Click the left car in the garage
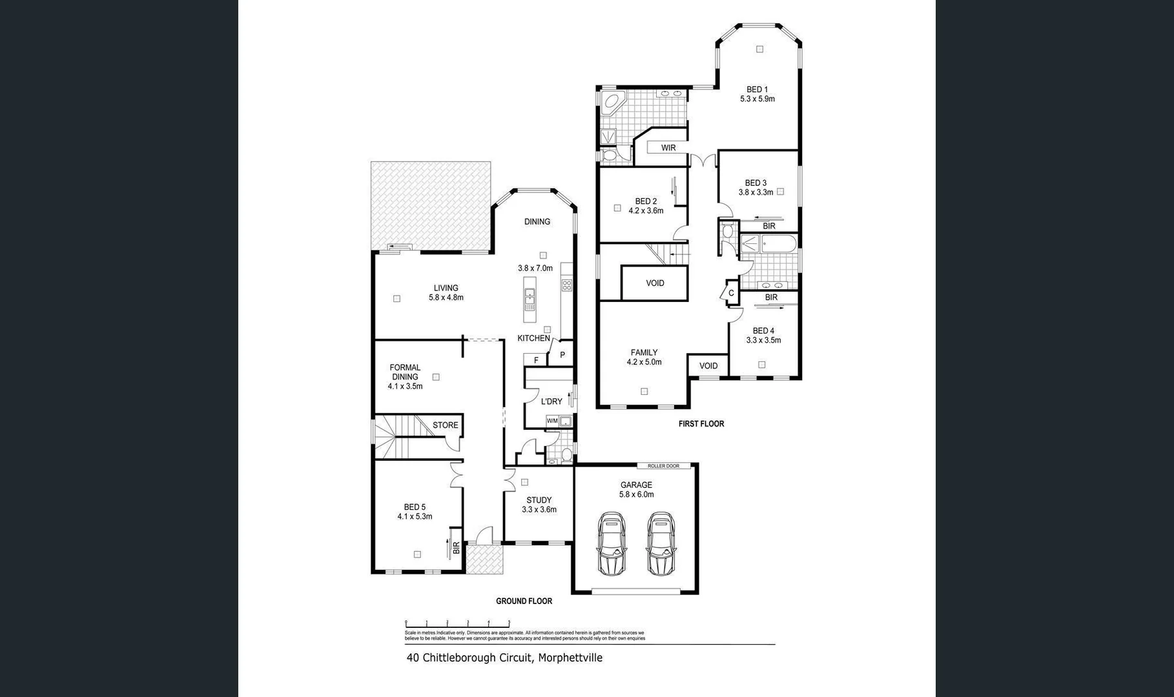(x=612, y=543)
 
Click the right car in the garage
(x=660, y=543)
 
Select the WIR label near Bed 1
(x=668, y=148)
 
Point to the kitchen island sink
(x=530, y=299)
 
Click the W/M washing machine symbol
(x=552, y=421)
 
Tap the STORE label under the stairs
(x=445, y=425)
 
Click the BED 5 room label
(x=415, y=507)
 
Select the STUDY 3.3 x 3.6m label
(x=539, y=505)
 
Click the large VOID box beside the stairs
(x=655, y=283)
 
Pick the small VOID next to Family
(x=708, y=365)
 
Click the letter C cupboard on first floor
(x=731, y=292)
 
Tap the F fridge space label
(x=536, y=360)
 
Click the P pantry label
(x=562, y=355)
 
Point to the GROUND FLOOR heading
(x=524, y=601)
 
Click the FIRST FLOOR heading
(x=701, y=424)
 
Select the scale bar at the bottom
(x=457, y=623)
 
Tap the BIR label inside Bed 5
(x=456, y=547)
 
